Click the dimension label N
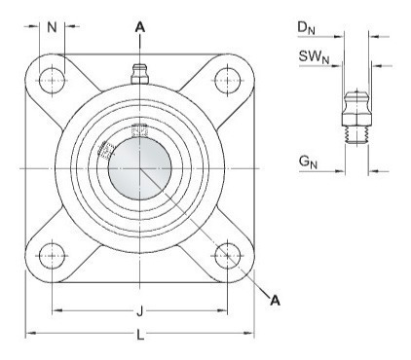pyautogui.click(x=52, y=27)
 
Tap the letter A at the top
pyautogui.click(x=140, y=27)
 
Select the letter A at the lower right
pyautogui.click(x=275, y=301)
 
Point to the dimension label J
pyautogui.click(x=139, y=312)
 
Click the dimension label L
pyautogui.click(x=140, y=335)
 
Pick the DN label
pyautogui.click(x=306, y=28)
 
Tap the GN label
pyautogui.click(x=308, y=162)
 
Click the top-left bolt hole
pyautogui.click(x=52, y=81)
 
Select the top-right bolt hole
pyautogui.click(x=228, y=81)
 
